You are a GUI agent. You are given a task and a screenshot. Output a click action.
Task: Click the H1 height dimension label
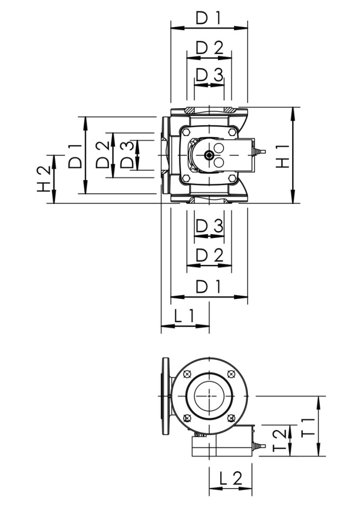point(284,155)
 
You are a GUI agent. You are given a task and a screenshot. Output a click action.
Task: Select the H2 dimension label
point(44,179)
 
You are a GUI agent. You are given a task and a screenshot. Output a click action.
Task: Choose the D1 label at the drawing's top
point(209,18)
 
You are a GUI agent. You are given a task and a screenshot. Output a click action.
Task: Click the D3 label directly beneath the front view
point(209,226)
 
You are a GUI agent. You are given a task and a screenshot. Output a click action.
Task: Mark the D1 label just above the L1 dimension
point(209,287)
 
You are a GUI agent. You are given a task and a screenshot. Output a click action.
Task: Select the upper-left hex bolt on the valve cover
point(186,130)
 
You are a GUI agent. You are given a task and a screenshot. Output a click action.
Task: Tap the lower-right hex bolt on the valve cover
point(232,179)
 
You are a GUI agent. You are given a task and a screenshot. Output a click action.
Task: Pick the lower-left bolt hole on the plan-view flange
point(186,418)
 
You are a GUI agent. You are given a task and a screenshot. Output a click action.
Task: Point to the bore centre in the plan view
point(209,395)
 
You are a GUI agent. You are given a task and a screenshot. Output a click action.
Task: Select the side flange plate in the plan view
point(166,395)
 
